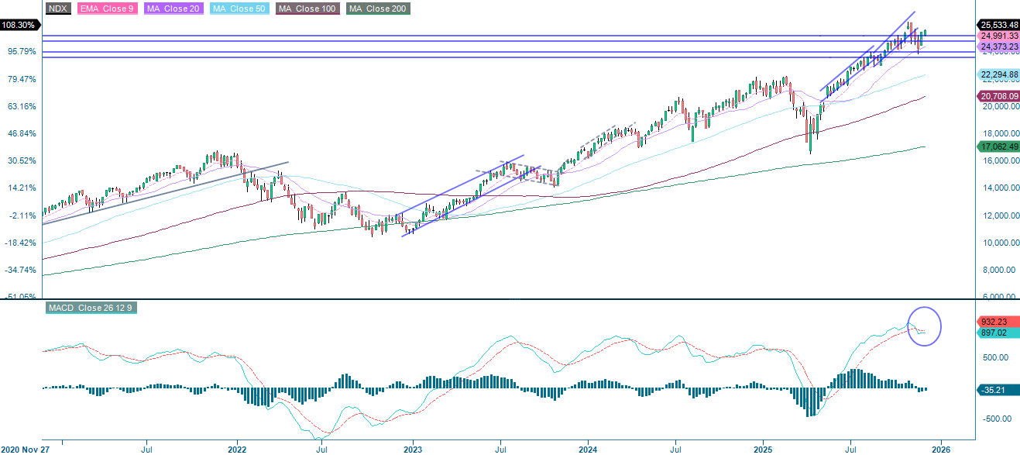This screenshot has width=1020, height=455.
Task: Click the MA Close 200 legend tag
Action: click(x=378, y=9)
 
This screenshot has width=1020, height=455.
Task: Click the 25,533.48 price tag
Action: click(x=998, y=24)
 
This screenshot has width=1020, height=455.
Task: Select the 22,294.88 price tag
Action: click(x=998, y=75)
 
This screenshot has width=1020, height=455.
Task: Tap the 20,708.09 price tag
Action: click(x=998, y=96)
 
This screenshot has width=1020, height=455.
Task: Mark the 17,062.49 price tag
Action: click(x=998, y=146)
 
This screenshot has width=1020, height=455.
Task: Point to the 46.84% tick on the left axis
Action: click(x=19, y=133)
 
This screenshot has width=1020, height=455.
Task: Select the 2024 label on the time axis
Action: click(x=588, y=448)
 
